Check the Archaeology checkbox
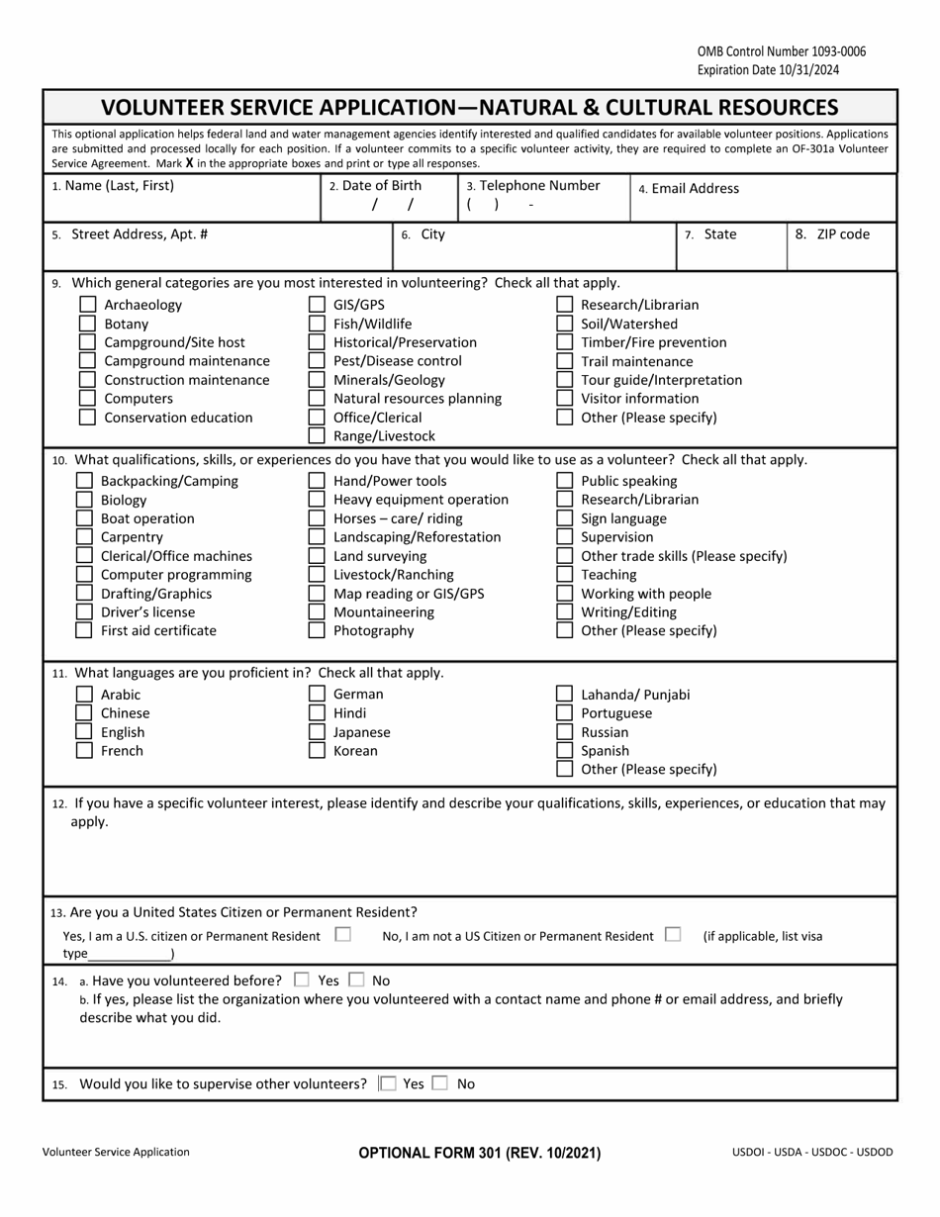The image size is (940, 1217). [x=87, y=305]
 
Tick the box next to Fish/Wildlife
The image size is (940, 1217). [x=317, y=324]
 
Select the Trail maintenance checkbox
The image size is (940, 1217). [x=564, y=361]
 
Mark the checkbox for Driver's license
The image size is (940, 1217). [x=84, y=611]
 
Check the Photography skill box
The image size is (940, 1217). [x=317, y=630]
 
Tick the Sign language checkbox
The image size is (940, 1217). [x=564, y=518]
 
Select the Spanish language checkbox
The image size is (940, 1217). [x=564, y=750]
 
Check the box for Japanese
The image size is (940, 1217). [x=317, y=732]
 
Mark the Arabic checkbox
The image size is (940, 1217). [x=84, y=695]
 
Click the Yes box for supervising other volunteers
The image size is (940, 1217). [x=388, y=1083]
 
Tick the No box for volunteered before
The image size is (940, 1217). [x=357, y=980]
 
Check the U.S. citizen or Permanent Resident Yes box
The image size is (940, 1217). [x=342, y=934]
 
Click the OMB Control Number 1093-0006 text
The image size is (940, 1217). [x=767, y=51]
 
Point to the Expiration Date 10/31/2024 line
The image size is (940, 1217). [x=767, y=70]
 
